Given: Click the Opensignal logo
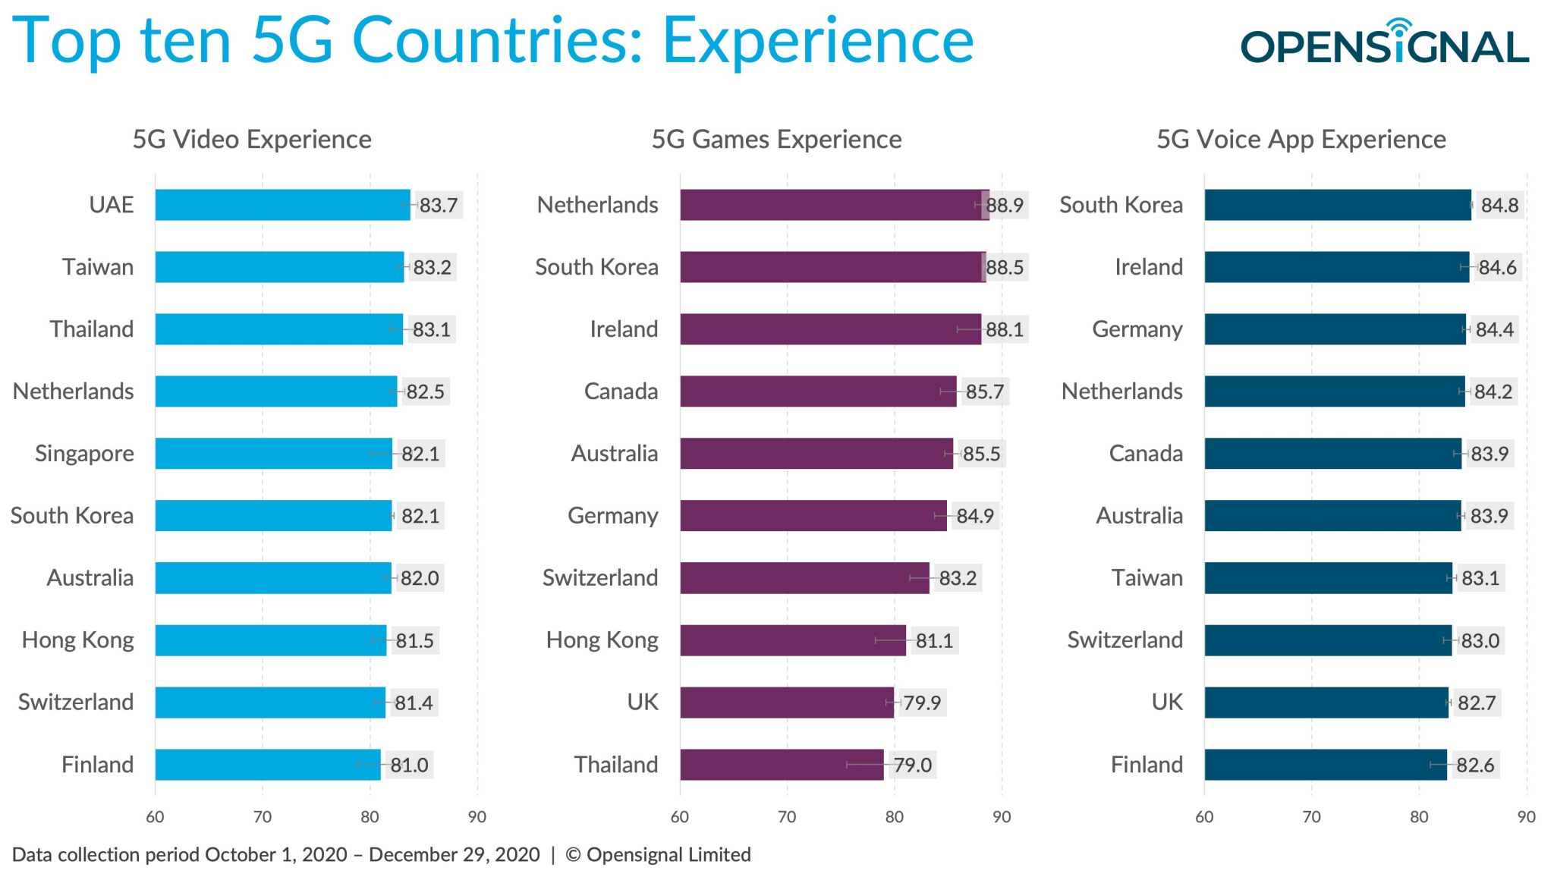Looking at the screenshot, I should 1384,44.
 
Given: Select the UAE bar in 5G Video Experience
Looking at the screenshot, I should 282,205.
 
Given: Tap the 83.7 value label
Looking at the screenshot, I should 439,206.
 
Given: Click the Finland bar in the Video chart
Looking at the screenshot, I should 267,765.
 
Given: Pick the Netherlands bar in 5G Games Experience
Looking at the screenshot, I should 833,205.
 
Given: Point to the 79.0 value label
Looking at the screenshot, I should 912,765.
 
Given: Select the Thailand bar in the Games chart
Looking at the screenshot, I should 782,765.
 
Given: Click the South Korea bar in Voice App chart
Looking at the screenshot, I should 1337,205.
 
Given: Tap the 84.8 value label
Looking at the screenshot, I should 1499,206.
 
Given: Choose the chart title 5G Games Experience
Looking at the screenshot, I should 776,140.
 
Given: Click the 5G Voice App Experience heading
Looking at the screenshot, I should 1301,140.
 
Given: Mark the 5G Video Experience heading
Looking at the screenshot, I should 252,140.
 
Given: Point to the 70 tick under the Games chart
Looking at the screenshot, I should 787,817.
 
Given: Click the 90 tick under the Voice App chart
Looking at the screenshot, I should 1526,817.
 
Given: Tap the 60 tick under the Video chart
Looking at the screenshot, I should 155,817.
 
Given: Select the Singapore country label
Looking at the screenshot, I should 84,454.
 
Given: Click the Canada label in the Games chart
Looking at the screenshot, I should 621,391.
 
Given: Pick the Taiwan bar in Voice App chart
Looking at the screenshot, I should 1328,578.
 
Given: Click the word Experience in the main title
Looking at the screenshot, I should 818,41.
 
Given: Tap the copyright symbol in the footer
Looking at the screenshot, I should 573,855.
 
